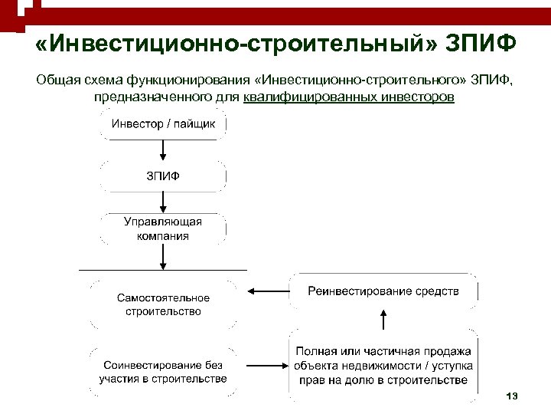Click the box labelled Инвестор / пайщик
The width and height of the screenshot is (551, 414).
point(163,124)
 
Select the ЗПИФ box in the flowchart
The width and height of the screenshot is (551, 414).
point(163,176)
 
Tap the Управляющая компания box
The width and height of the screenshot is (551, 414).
point(163,228)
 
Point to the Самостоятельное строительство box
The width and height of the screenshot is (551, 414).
point(163,305)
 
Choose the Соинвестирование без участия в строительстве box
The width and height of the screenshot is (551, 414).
point(163,372)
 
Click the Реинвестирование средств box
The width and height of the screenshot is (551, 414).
point(383,291)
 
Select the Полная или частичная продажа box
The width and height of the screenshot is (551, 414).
point(383,365)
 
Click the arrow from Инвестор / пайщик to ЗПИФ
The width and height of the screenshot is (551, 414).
point(163,150)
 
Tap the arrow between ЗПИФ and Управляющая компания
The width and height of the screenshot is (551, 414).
point(163,202)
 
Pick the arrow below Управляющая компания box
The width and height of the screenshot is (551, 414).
point(163,257)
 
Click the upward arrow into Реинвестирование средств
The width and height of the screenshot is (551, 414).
point(383,317)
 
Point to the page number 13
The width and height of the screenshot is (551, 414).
point(512,396)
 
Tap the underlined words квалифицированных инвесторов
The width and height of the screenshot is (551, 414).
point(349,98)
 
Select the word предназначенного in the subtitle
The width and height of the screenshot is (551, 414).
point(142,98)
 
